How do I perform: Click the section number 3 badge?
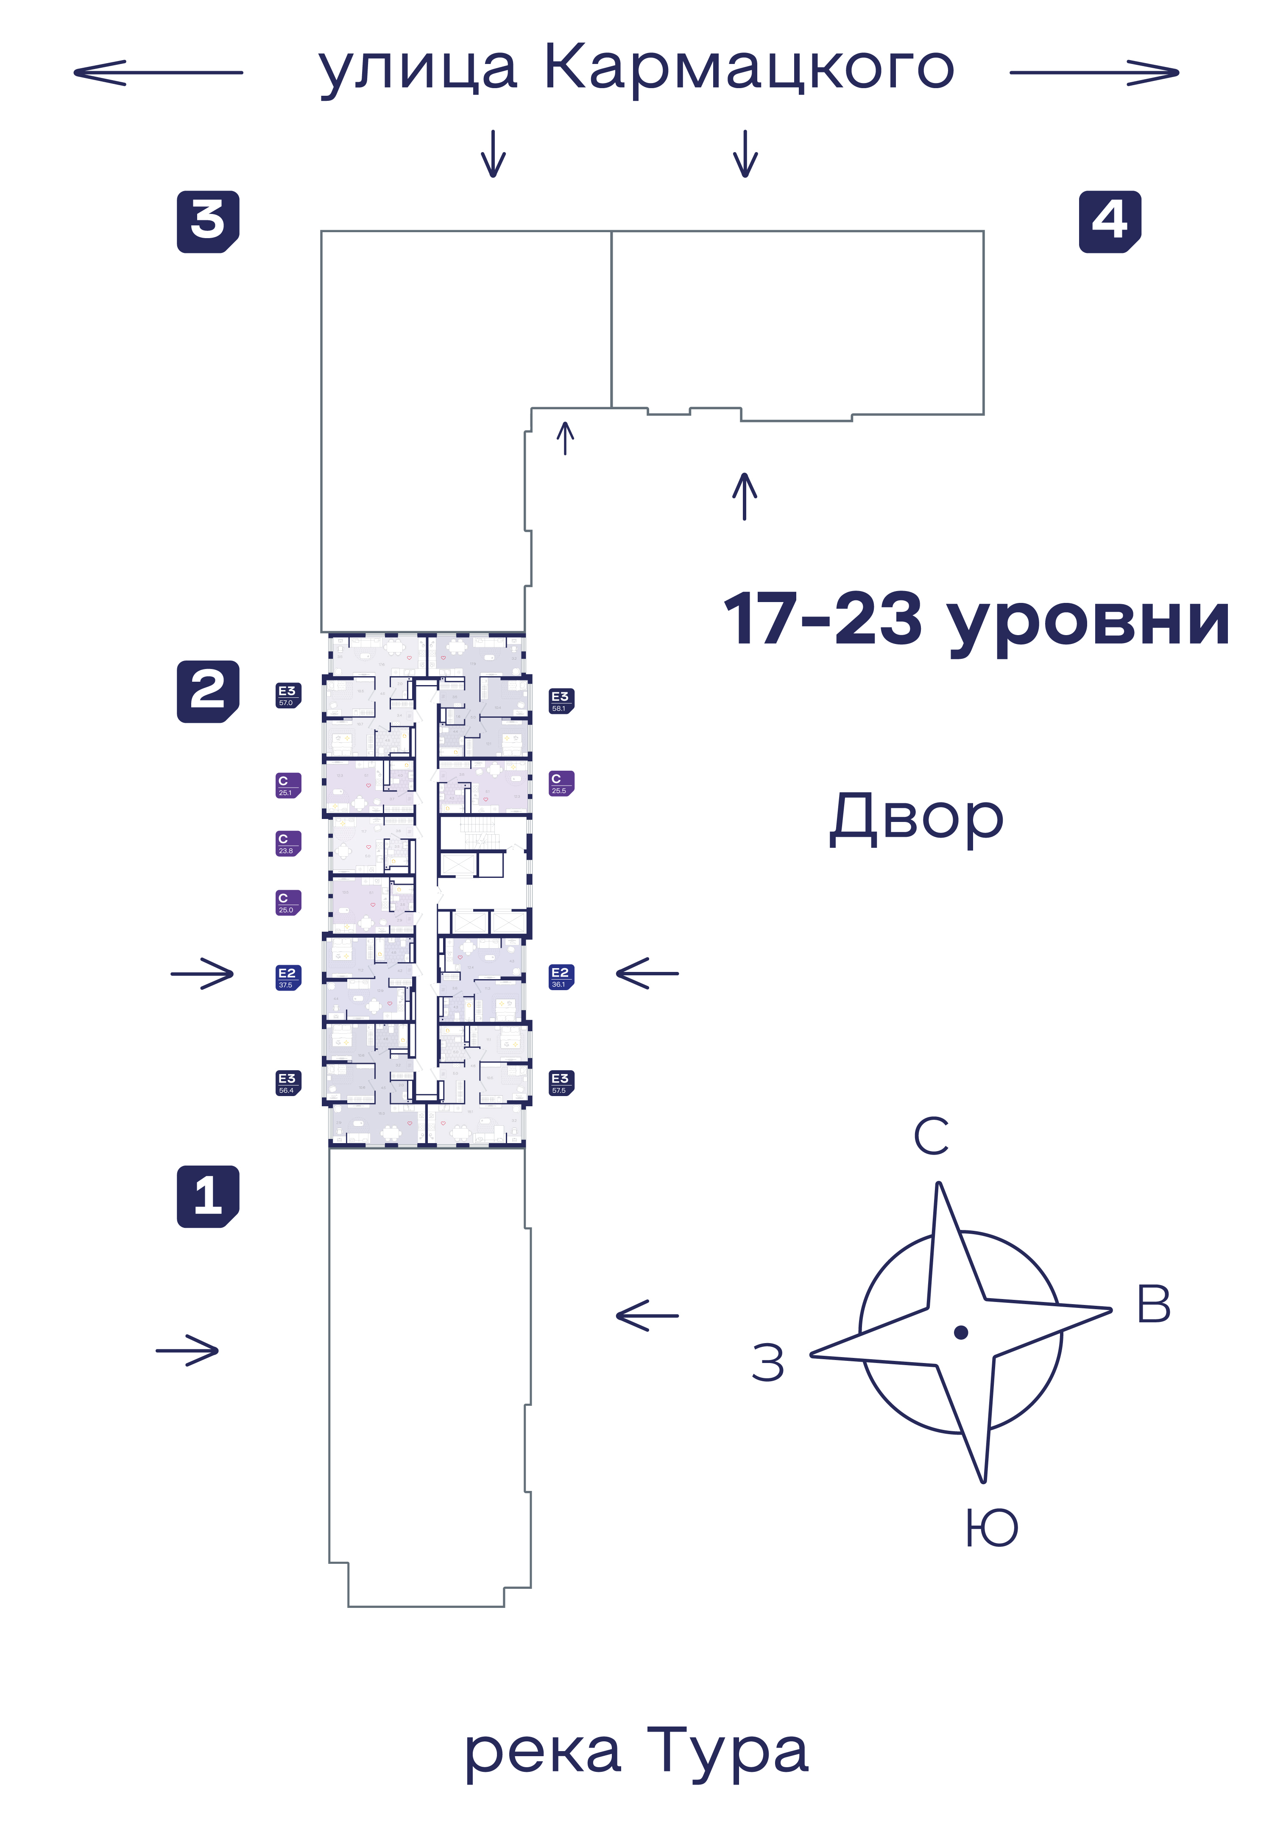(208, 222)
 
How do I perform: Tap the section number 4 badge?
(1109, 222)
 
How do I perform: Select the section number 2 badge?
(208, 691)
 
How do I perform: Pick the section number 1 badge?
(208, 1196)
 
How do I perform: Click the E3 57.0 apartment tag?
(287, 696)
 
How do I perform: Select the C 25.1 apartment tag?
(287, 785)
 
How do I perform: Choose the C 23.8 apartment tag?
(287, 843)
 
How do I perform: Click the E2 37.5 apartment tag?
(287, 977)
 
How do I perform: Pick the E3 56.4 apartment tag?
(287, 1083)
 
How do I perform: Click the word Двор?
(917, 819)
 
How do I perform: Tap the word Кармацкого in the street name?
(748, 68)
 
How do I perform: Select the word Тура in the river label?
(727, 1750)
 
